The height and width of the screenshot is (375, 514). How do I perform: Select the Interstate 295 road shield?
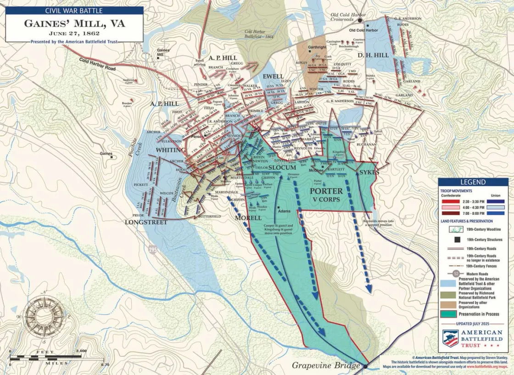click(151, 249)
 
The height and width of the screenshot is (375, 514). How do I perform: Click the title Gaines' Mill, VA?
click(74, 23)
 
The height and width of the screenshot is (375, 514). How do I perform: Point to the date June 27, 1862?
click(74, 34)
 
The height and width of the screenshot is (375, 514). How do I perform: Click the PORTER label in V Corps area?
click(326, 191)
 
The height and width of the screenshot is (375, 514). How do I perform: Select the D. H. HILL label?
click(372, 55)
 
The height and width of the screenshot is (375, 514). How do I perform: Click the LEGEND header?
click(473, 182)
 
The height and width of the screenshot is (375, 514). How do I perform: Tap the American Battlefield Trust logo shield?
click(451, 338)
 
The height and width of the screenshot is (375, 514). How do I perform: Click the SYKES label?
click(369, 172)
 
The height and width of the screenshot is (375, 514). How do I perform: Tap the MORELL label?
click(248, 217)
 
